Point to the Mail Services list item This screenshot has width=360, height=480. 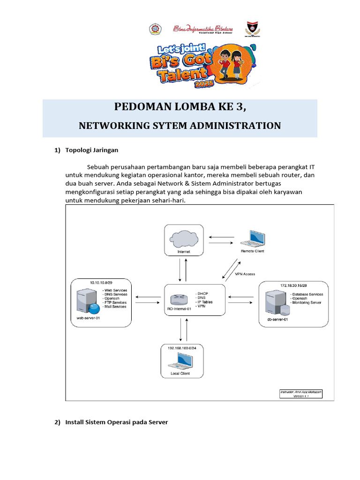114,307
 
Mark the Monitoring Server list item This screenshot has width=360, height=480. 307,302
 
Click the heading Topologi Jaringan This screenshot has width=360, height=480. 92,150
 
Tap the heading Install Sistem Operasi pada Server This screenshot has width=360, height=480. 116,422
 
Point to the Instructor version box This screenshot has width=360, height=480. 301,393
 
